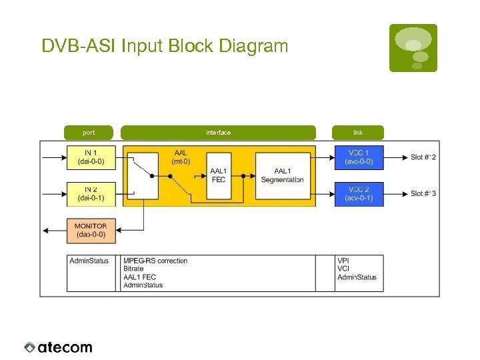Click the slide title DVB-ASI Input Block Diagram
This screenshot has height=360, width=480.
[x=165, y=46]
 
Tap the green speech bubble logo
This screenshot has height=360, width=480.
[x=413, y=47]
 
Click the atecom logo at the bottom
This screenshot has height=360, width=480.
[x=59, y=347]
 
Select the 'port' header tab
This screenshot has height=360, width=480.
[x=89, y=133]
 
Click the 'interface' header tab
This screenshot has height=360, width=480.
[x=218, y=133]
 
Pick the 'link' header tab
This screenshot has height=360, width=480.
[x=358, y=133]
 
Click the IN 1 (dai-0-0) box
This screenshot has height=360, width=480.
[x=91, y=157]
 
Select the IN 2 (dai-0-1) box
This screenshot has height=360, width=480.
[x=91, y=193]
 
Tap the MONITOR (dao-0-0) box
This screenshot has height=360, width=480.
[x=91, y=230]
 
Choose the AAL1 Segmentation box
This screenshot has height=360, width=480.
[x=282, y=175]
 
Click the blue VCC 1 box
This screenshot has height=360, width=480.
[x=359, y=157]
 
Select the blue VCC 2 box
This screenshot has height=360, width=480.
[x=359, y=194]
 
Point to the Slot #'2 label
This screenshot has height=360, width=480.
[x=423, y=157]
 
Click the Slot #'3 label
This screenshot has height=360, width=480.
[x=423, y=194]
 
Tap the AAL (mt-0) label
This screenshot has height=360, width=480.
[x=181, y=157]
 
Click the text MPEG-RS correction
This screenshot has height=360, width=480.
[x=155, y=261]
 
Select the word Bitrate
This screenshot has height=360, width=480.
[x=134, y=269]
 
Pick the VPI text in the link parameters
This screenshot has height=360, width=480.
[x=343, y=261]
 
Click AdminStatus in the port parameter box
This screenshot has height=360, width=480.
[x=89, y=261]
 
